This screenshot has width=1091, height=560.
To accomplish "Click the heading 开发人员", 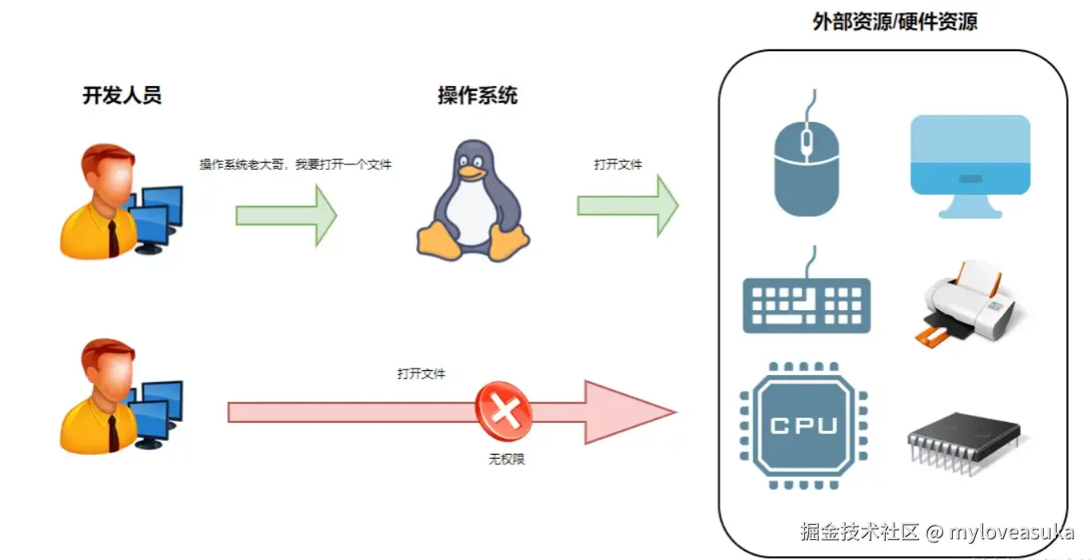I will [122, 96].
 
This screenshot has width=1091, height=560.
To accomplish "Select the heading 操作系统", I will [477, 96].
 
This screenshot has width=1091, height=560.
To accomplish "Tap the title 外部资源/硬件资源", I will [895, 22].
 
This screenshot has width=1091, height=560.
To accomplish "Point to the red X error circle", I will [504, 412].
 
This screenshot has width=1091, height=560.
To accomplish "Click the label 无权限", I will [506, 459].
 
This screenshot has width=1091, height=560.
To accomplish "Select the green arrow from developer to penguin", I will [287, 215].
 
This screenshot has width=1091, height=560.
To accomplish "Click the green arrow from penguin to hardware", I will [628, 206].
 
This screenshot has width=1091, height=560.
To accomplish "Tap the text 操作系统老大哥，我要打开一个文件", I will [296, 164].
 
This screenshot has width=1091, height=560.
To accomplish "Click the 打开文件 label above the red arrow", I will [421, 373].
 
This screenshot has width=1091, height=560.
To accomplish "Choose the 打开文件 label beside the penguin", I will [617, 164].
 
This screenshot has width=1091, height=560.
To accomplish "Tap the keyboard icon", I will [807, 303].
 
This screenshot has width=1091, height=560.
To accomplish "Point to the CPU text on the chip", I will [803, 425].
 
